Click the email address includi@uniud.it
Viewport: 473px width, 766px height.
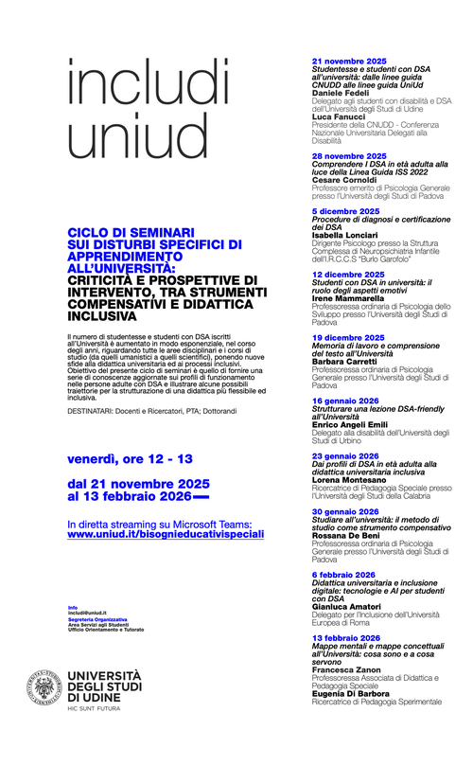[91, 613]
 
